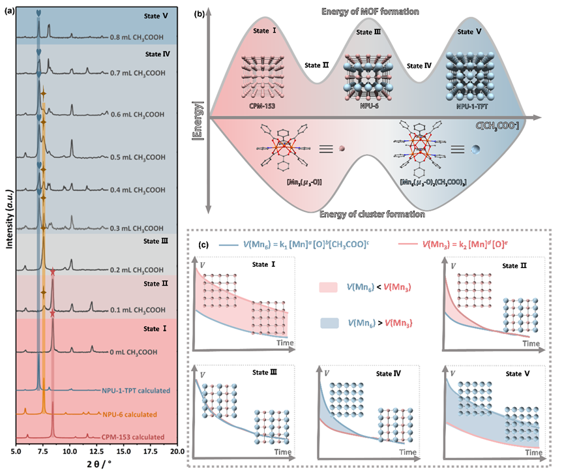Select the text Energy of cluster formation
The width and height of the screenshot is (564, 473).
373,214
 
